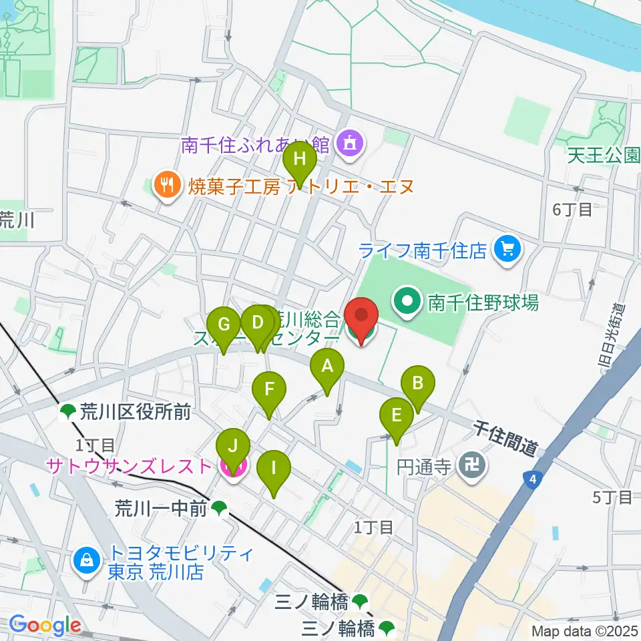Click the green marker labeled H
pos(300,161)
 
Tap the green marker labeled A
pos(327,367)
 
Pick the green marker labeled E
pos(397,417)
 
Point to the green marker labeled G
pos(224,327)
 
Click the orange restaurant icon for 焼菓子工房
pos(166,184)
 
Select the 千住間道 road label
pos(505,438)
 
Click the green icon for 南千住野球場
pos(406,302)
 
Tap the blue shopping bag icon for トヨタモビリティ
pos(87,561)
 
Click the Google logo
pos(45,626)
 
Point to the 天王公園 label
pos(604,156)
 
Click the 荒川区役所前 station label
pos(135,412)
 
